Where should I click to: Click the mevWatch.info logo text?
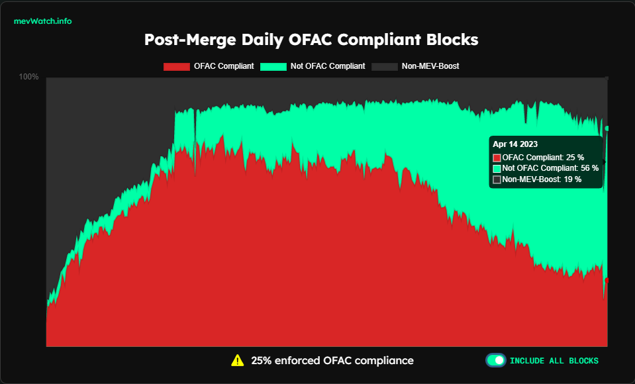pos(42,21)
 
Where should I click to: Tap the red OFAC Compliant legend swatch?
pos(175,66)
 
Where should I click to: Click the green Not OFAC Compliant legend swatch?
pos(273,66)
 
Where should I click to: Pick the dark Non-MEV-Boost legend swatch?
pos(384,66)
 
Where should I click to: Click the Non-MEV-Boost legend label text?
pos(430,66)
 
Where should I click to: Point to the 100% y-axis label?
pos(28,77)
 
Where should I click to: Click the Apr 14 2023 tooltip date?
pos(515,144)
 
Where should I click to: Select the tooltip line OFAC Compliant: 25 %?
pos(543,158)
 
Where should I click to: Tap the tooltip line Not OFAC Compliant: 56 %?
pos(550,168)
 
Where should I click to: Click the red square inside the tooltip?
pos(497,158)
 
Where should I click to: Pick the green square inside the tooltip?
pos(497,168)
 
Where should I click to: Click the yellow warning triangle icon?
pos(237,361)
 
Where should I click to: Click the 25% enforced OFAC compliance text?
pos(332,361)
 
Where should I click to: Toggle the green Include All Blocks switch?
pos(496,361)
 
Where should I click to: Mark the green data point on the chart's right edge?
pos(607,128)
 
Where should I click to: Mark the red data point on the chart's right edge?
pos(607,281)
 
